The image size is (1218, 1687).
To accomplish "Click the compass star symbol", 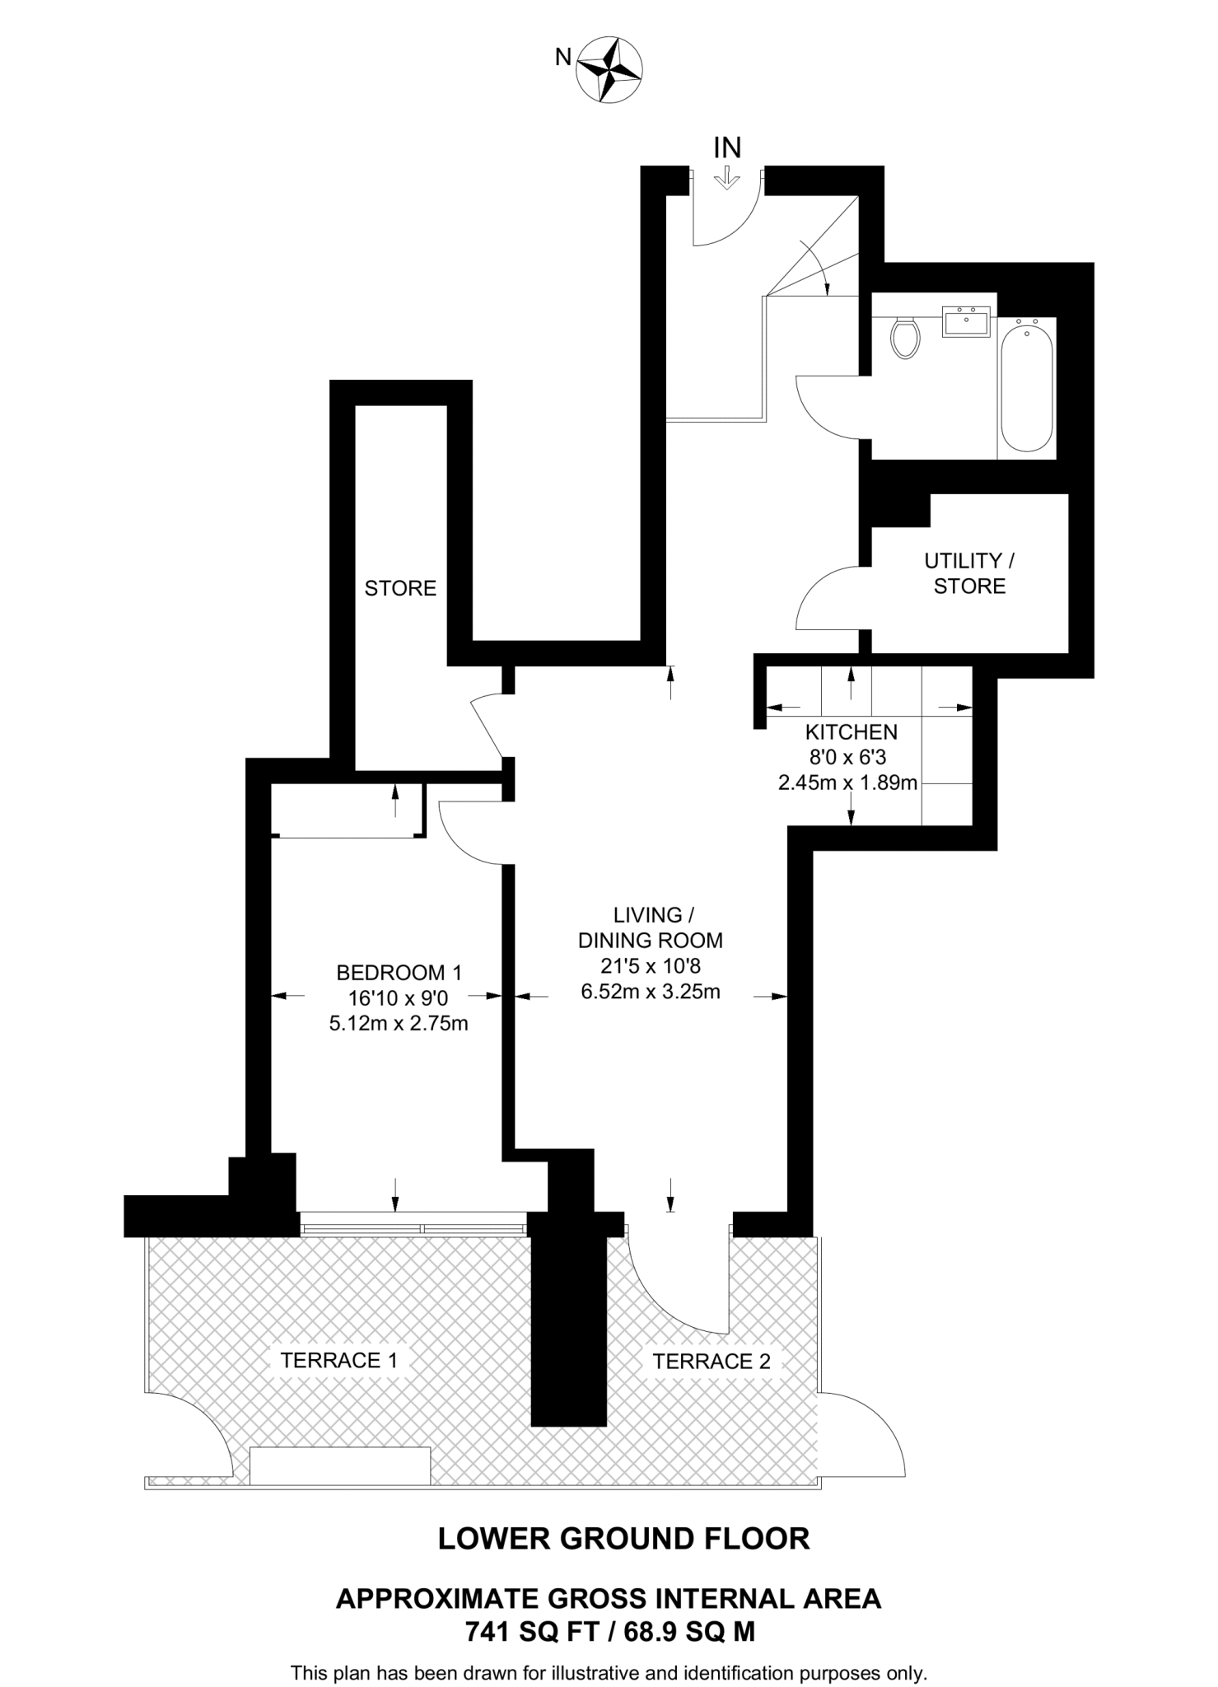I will [609, 69].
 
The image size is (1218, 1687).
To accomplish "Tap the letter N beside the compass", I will [563, 57].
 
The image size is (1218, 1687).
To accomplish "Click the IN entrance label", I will [727, 148].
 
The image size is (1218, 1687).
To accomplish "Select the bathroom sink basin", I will [966, 321].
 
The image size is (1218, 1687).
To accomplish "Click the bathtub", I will [1026, 387].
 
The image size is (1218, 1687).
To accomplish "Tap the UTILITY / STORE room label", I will [969, 573].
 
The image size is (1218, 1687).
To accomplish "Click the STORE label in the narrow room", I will [400, 588].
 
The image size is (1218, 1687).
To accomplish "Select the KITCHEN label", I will [851, 731].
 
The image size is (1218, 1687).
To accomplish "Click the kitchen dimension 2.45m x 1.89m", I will [847, 783].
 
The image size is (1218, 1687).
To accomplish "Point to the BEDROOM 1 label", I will [399, 973].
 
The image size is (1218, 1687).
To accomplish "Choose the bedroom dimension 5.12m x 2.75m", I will [399, 1024].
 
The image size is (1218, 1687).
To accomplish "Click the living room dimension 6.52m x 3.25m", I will [651, 992].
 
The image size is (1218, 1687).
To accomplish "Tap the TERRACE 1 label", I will [338, 1360].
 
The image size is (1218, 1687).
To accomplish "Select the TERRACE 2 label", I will [712, 1362].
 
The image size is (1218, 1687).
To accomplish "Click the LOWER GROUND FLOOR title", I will [623, 1539].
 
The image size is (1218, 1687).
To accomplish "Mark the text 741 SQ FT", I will [531, 1632].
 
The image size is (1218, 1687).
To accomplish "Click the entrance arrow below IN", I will [726, 178].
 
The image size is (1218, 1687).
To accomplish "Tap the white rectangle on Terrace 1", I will [340, 1466].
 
